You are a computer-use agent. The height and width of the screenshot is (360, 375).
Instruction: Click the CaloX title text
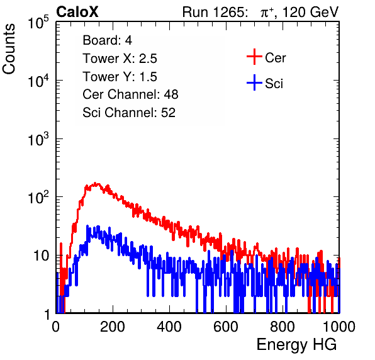pyautogui.click(x=77, y=12)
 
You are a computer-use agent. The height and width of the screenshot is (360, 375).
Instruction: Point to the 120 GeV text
pyautogui.click(x=310, y=12)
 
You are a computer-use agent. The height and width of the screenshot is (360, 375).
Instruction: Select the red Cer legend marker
pyautogui.click(x=254, y=57)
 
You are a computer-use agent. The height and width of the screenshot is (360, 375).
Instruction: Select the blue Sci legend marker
pyautogui.click(x=254, y=82)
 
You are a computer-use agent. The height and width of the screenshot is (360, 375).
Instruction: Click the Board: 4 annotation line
pyautogui.click(x=107, y=40)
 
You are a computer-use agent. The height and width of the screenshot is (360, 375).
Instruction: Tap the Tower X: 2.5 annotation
pyautogui.click(x=120, y=59)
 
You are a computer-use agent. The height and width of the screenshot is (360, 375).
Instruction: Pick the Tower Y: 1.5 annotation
pyautogui.click(x=120, y=77)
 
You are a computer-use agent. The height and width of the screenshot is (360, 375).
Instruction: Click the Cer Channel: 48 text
pyautogui.click(x=130, y=94)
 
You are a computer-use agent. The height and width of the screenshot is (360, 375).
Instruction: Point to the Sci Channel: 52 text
pyautogui.click(x=129, y=113)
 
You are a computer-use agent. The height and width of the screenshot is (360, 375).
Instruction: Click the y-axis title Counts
pyautogui.click(x=9, y=49)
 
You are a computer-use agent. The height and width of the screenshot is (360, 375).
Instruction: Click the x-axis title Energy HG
pyautogui.click(x=296, y=345)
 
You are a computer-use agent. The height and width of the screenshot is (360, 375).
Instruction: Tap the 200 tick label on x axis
pyautogui.click(x=113, y=327)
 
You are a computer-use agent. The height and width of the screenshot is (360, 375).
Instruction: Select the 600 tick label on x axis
pyautogui.click(x=226, y=327)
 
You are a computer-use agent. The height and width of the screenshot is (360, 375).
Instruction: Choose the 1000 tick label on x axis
pyautogui.click(x=339, y=327)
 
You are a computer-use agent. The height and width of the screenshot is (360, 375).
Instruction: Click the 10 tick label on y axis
pyautogui.click(x=41, y=256)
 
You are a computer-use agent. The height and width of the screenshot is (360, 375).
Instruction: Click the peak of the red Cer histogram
pyautogui.click(x=96, y=184)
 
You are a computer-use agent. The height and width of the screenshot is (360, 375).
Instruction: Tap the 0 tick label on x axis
pyautogui.click(x=55, y=327)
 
